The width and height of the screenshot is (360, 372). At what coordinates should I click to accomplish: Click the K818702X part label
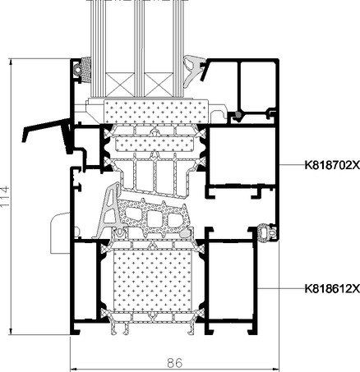click(332, 165)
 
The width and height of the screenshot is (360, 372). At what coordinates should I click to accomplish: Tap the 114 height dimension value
click(6, 197)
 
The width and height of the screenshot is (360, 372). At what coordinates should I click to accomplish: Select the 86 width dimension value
click(174, 363)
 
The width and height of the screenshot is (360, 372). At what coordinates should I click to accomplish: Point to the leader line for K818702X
click(292, 165)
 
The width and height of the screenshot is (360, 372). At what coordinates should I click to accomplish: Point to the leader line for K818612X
click(281, 288)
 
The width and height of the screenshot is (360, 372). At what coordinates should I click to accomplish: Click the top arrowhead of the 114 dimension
click(11, 62)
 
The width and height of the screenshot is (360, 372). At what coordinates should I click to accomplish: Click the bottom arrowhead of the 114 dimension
click(11, 332)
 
